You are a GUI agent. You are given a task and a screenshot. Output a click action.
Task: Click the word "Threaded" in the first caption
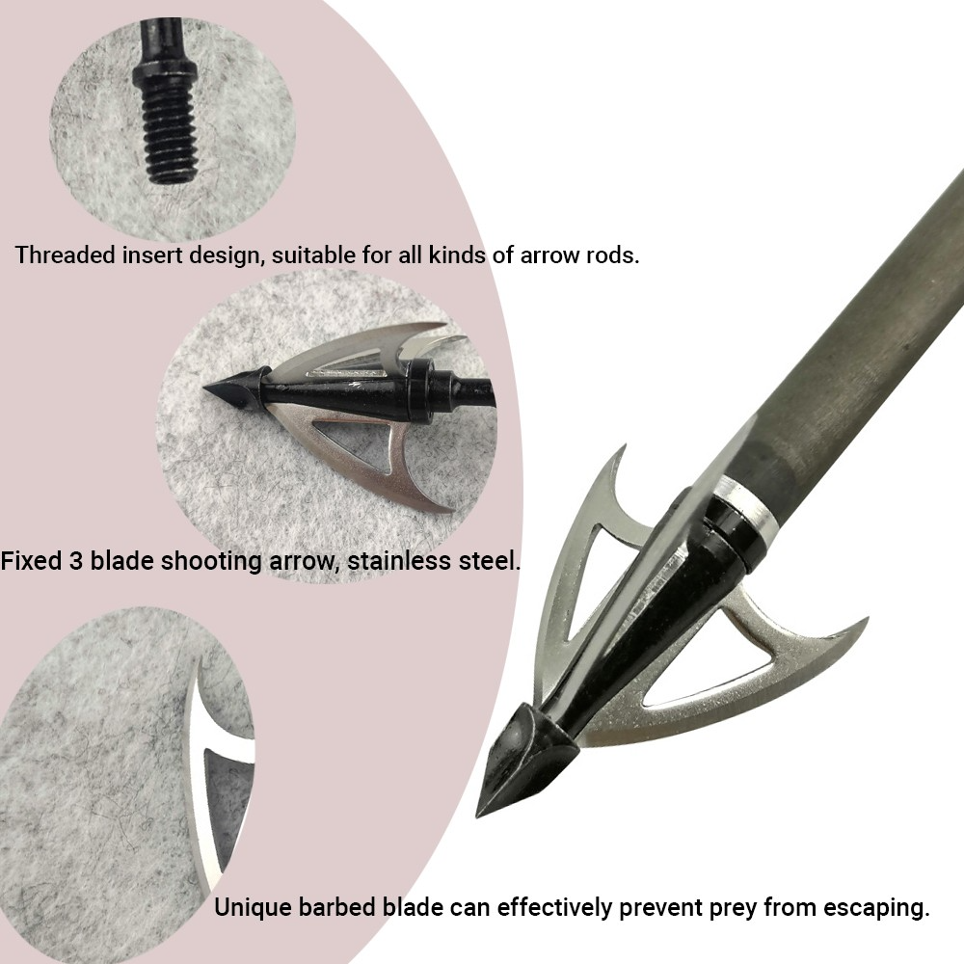point(66,254)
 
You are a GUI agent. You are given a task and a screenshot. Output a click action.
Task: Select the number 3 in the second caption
point(75,561)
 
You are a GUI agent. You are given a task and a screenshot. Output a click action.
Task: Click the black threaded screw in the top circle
point(165,104)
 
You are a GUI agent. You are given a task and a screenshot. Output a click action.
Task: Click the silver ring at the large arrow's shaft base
point(755,509)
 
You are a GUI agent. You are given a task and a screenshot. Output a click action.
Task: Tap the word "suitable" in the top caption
point(313,254)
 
